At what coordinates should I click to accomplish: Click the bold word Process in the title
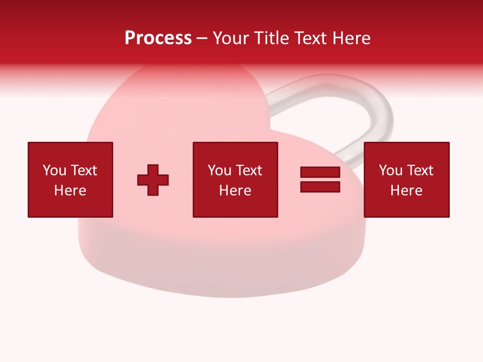click(158, 38)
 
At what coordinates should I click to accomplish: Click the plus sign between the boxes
click(153, 179)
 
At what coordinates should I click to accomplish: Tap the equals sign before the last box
click(320, 179)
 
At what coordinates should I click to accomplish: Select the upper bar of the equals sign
click(320, 172)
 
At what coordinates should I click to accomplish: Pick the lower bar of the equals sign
click(320, 187)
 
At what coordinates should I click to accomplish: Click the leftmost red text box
click(70, 179)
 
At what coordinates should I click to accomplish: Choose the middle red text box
click(235, 179)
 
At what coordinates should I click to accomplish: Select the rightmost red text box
click(406, 179)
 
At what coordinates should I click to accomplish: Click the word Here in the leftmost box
click(70, 191)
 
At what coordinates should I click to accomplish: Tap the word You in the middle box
click(219, 170)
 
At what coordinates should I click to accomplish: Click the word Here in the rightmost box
click(406, 191)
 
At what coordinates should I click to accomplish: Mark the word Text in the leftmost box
click(84, 170)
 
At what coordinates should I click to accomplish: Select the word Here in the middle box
click(235, 191)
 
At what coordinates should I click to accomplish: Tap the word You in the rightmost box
click(390, 170)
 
